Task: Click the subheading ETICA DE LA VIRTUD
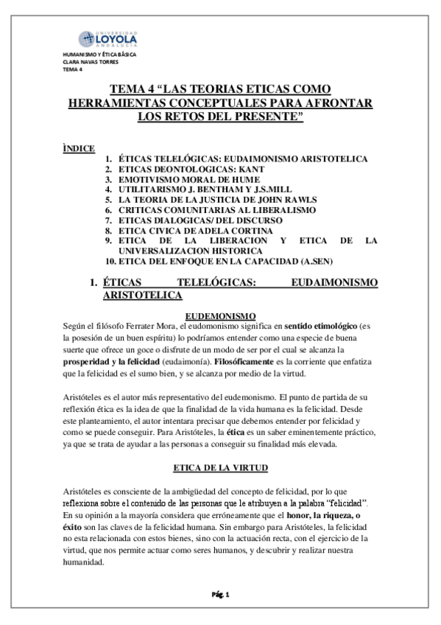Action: tap(220, 468)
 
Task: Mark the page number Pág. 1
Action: tap(221, 593)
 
